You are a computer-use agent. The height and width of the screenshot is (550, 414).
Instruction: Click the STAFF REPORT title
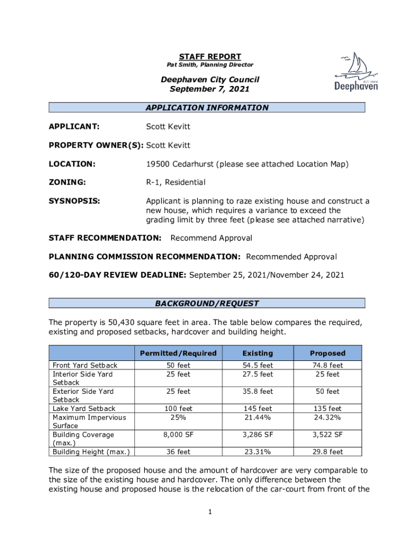(x=210, y=56)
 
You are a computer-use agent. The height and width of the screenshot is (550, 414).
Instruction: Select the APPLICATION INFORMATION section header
(x=207, y=107)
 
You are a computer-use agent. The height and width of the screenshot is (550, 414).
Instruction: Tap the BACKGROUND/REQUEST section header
(x=207, y=303)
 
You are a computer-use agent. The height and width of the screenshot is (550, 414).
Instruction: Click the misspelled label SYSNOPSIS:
(x=74, y=201)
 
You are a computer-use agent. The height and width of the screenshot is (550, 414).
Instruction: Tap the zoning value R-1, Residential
(x=176, y=183)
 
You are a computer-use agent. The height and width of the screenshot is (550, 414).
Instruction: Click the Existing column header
(x=258, y=353)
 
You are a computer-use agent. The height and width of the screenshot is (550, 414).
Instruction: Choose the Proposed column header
(x=327, y=353)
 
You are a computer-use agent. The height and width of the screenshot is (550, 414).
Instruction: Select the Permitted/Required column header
(x=178, y=353)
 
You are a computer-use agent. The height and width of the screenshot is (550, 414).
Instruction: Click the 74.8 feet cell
(x=327, y=365)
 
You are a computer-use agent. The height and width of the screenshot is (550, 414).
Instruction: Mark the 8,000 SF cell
(x=178, y=435)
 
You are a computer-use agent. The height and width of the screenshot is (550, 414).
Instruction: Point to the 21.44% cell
(x=258, y=417)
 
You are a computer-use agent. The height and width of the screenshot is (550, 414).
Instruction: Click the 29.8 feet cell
(x=327, y=452)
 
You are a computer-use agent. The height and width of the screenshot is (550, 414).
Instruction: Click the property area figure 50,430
(x=124, y=322)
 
